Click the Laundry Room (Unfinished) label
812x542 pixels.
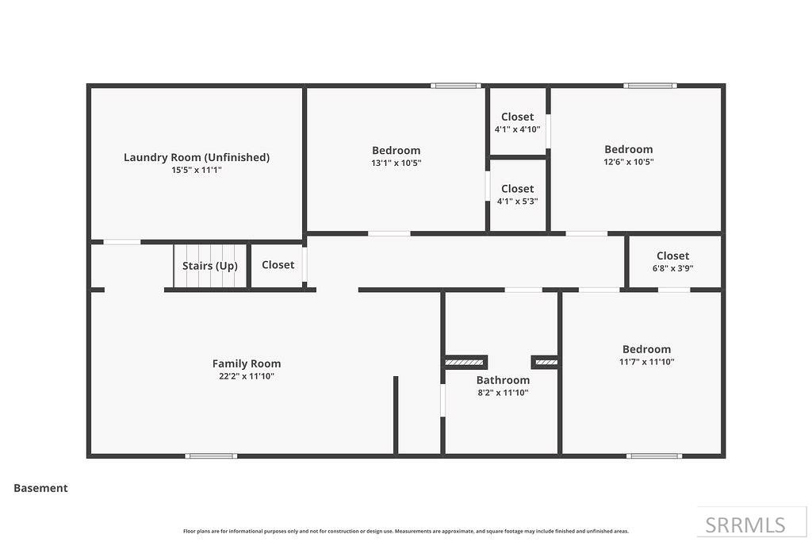pos(197,157)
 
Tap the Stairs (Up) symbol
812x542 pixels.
pos(210,266)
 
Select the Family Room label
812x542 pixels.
pos(247,363)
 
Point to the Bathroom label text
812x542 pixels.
pos(503,380)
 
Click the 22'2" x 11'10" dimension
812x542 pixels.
pos(247,376)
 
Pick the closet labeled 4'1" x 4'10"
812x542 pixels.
pos(517,122)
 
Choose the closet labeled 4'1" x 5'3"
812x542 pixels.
pos(517,194)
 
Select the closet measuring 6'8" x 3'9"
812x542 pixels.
pos(672,261)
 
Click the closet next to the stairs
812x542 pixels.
pos(278,265)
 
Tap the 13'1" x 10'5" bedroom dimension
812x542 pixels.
pos(396,163)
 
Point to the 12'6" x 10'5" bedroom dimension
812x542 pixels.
pos(628,162)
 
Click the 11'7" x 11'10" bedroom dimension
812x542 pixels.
pos(646,362)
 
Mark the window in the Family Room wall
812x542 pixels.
pos(211,456)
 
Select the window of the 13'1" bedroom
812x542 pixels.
pos(456,86)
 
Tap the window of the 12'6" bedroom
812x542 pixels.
pos(649,86)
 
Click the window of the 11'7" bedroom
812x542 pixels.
pos(653,456)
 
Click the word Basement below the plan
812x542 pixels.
pos(40,488)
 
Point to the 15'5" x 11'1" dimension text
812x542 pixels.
pos(197,170)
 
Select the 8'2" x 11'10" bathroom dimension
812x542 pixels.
pos(503,393)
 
